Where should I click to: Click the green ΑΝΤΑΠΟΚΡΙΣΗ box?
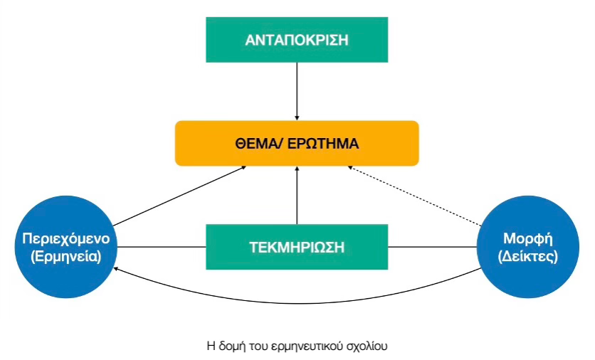click(297, 39)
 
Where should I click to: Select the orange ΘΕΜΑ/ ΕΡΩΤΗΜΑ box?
click(297, 143)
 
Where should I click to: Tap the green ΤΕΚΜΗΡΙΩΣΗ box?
click(297, 247)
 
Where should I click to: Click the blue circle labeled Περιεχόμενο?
click(66, 246)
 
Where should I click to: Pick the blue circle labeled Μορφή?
click(528, 246)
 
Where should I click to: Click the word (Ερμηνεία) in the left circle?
click(66, 256)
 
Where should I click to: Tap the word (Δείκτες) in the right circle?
click(528, 256)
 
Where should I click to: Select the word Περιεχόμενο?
click(66, 237)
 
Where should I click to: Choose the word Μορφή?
click(528, 237)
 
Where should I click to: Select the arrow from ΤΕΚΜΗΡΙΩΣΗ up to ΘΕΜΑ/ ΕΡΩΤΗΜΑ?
click(297, 195)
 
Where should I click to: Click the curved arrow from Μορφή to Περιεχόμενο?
click(297, 302)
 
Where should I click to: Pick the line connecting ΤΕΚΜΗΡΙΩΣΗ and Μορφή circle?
click(433, 248)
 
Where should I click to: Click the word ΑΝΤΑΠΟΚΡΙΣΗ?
click(297, 40)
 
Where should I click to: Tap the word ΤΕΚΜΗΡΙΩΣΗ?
click(297, 248)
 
